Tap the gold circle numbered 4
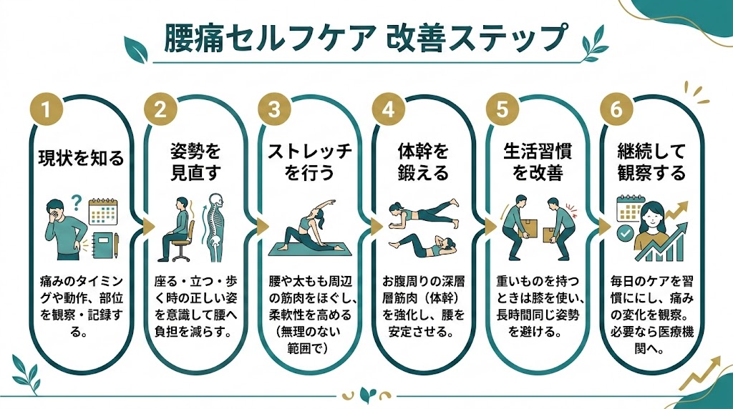pos(388,111)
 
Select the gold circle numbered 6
pos(616,111)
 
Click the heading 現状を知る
pos(80,157)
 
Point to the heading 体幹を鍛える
pos(422,162)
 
